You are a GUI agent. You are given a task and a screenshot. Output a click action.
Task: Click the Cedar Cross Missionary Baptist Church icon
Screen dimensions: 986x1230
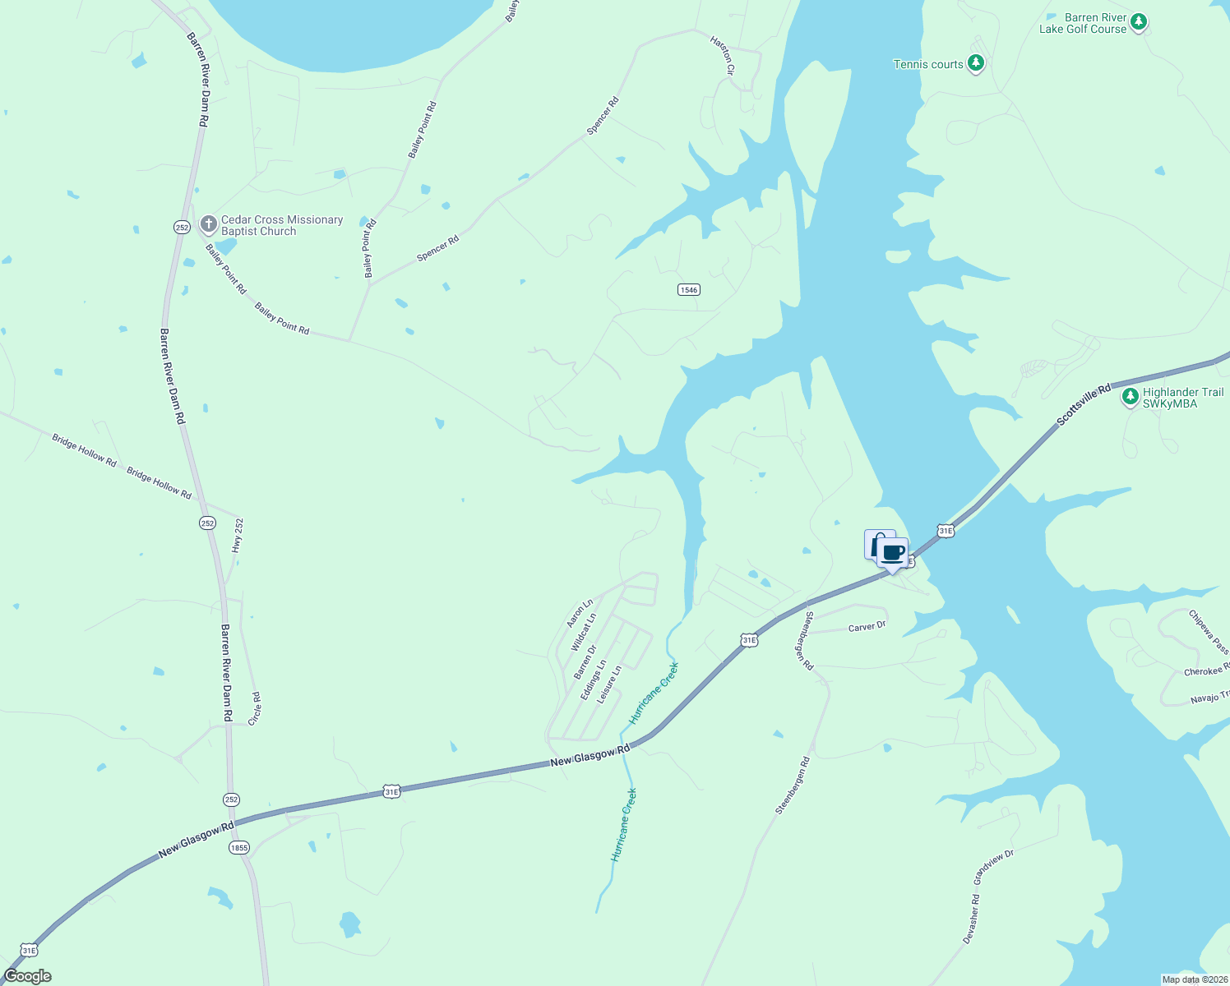pyautogui.click(x=209, y=223)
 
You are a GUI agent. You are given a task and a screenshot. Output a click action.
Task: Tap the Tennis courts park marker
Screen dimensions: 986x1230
pyautogui.click(x=975, y=63)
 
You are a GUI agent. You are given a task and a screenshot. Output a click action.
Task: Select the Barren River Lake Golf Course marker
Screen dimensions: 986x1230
pyautogui.click(x=1138, y=22)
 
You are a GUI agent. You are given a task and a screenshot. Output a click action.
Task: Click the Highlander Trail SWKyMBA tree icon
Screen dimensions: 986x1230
pyautogui.click(x=1131, y=398)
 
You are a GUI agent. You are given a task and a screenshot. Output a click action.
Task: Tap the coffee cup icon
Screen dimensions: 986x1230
pyautogui.click(x=893, y=553)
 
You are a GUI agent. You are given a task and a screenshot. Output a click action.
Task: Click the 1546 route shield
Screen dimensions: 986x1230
pyautogui.click(x=689, y=289)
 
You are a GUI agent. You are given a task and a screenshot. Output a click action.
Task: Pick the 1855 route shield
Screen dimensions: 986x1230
pyautogui.click(x=239, y=847)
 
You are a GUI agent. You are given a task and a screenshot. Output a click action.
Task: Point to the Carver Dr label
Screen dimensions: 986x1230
pyautogui.click(x=867, y=627)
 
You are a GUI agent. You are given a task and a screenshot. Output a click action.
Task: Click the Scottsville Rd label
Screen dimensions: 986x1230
pyautogui.click(x=1083, y=403)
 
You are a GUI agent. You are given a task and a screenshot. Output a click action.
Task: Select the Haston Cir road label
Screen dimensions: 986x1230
pyautogui.click(x=723, y=57)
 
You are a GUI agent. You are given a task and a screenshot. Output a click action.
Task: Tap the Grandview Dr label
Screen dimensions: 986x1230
pyautogui.click(x=993, y=867)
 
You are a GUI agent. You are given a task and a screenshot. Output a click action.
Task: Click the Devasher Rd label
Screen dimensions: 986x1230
pyautogui.click(x=971, y=919)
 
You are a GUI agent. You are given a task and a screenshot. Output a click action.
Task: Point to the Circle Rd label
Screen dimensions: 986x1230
pyautogui.click(x=255, y=708)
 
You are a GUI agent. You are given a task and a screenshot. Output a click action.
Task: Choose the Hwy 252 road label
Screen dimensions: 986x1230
pyautogui.click(x=238, y=534)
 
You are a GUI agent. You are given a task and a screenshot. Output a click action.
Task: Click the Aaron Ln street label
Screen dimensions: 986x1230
pyautogui.click(x=580, y=614)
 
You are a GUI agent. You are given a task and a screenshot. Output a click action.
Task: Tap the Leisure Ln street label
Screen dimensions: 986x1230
pyautogui.click(x=609, y=684)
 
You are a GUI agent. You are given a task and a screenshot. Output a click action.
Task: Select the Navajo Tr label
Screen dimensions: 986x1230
pyautogui.click(x=1209, y=698)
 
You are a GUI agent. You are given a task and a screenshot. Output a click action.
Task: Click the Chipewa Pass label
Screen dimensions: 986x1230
pyautogui.click(x=1209, y=631)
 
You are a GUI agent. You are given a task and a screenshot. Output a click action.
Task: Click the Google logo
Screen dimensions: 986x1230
pyautogui.click(x=27, y=976)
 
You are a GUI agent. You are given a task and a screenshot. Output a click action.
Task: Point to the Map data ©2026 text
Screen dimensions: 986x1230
pyautogui.click(x=1194, y=979)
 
